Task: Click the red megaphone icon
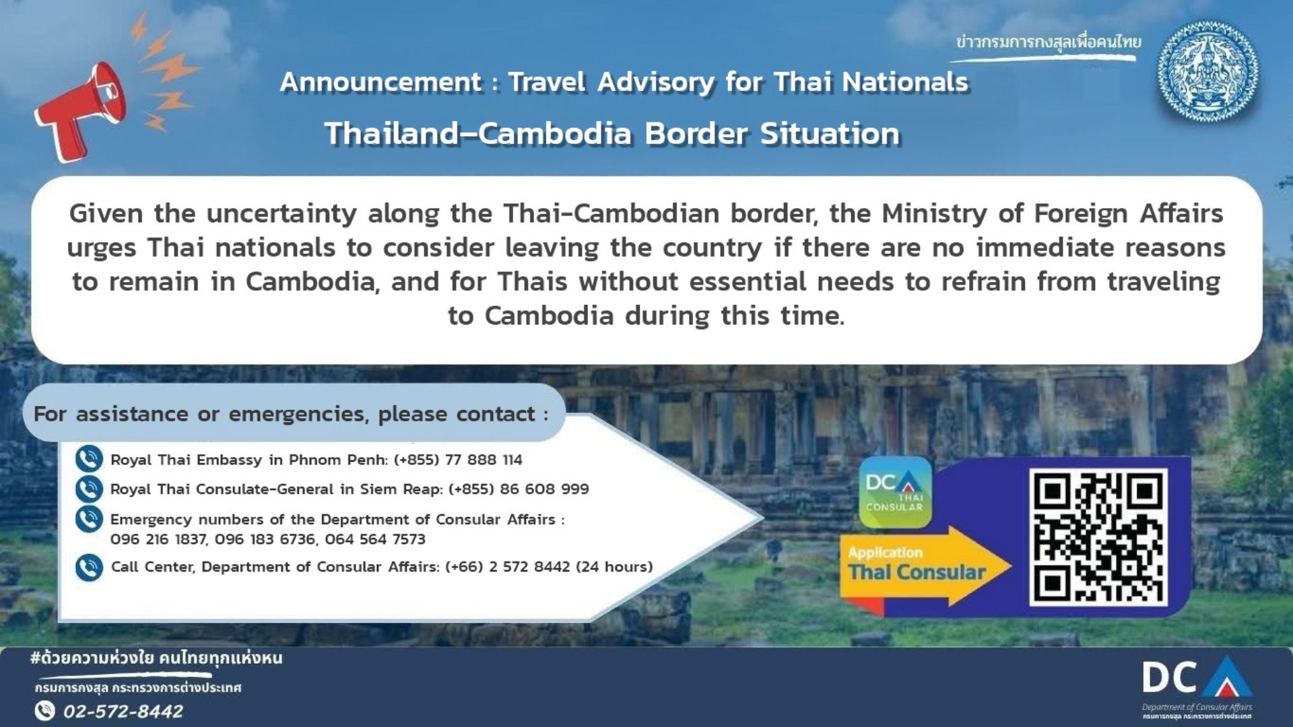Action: click(81, 111)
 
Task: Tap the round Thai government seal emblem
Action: click(1207, 72)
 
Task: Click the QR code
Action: click(1098, 536)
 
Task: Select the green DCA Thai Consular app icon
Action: click(895, 492)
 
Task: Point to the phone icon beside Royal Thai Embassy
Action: click(89, 459)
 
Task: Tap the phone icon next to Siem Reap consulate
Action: click(89, 489)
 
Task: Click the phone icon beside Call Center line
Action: click(89, 567)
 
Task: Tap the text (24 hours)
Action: click(615, 567)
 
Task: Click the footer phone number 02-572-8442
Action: click(123, 712)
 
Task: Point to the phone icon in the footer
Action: click(44, 711)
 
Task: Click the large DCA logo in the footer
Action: click(1197, 679)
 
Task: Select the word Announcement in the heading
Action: click(380, 82)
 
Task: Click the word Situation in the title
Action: click(830, 133)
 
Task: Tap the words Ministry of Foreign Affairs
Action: click(1053, 213)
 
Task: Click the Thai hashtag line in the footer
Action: click(156, 658)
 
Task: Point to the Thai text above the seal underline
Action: click(1049, 42)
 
